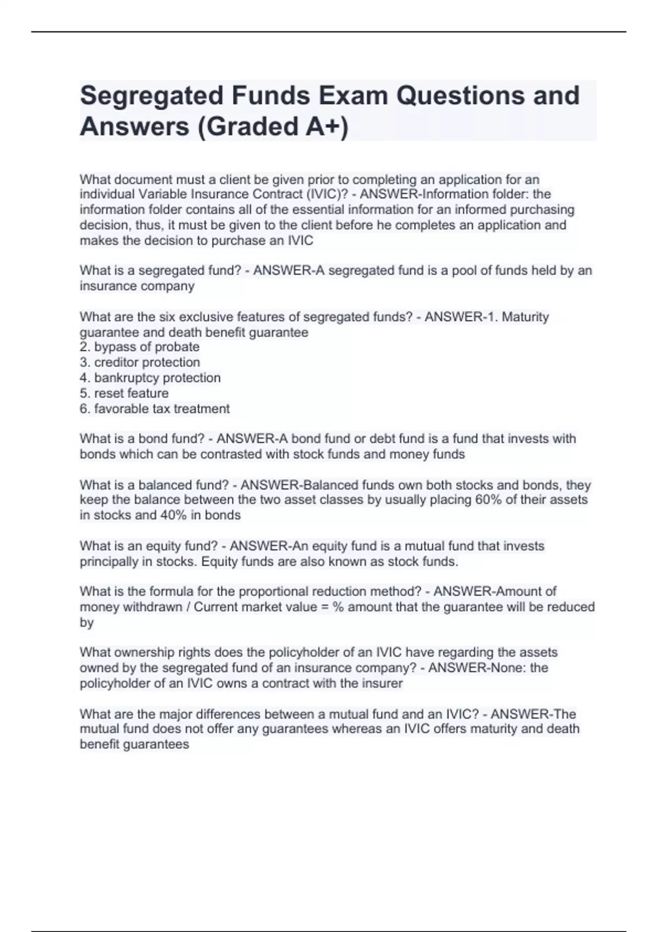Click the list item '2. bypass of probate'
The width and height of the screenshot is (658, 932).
[x=139, y=347]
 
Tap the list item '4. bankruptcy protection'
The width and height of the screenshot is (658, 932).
[x=150, y=378]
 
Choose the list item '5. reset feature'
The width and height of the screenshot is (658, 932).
[x=124, y=393]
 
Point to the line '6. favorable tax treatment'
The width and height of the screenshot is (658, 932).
[x=154, y=408]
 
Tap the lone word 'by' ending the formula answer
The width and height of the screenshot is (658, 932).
[x=87, y=623]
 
